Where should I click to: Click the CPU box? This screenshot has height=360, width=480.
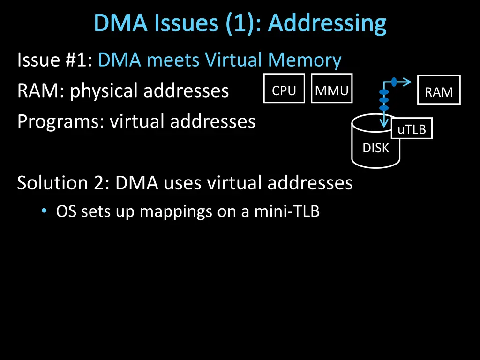pos(284,88)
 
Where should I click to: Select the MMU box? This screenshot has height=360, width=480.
pos(331,88)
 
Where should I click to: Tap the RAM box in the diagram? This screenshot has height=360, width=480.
pos(439,90)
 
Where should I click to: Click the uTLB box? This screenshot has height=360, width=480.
pos(412,129)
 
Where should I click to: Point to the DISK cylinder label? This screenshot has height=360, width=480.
pos(375,148)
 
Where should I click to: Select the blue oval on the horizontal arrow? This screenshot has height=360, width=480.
pos(394,82)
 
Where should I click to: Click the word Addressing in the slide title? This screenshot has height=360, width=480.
pos(327,23)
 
